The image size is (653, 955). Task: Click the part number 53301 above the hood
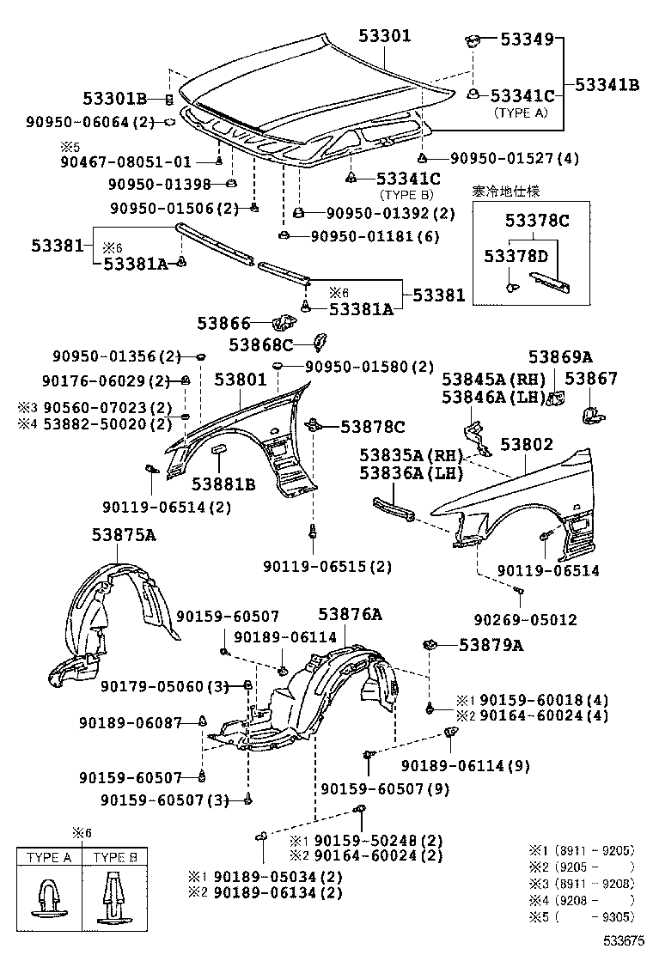pos(384,36)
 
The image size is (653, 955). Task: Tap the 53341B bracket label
pos(607,85)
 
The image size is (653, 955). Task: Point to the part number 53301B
pos(115,99)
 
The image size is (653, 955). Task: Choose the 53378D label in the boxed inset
pos(515,257)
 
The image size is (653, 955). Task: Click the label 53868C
pos(261,344)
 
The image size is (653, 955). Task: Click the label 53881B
pos(223,484)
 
